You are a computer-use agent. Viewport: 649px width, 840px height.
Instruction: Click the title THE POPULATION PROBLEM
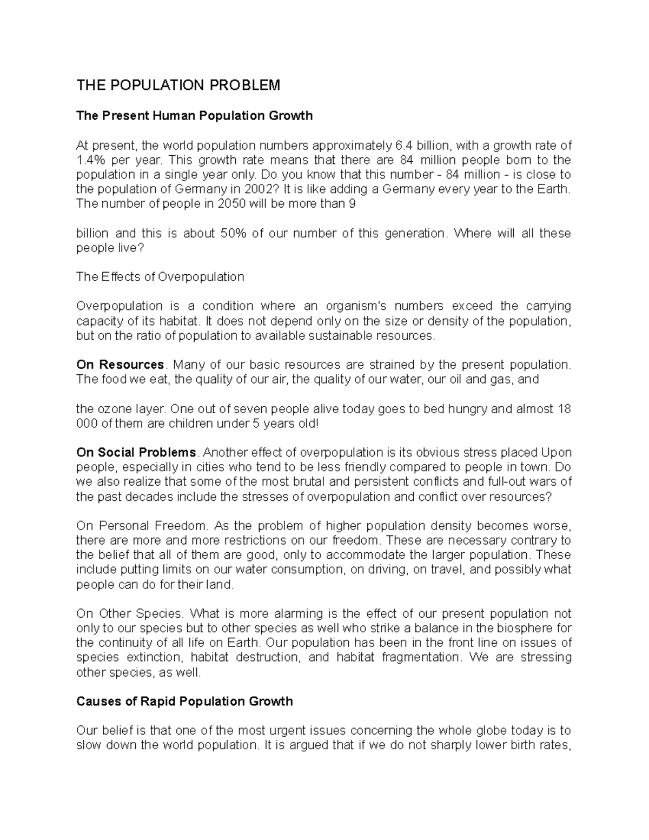[x=178, y=85]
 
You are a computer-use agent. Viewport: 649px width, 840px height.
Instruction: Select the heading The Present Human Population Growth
[x=194, y=116]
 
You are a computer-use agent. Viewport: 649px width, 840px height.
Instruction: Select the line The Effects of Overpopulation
[x=160, y=277]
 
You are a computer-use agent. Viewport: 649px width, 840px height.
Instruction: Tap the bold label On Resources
[x=120, y=365]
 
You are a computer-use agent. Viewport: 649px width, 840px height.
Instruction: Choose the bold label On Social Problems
[x=136, y=452]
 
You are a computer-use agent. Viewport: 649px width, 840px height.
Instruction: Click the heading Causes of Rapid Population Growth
[x=184, y=702]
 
